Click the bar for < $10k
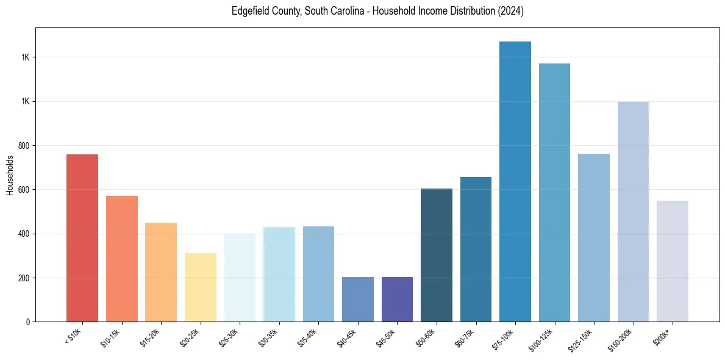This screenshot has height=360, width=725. coord(82,238)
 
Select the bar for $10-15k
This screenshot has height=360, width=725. coord(121,259)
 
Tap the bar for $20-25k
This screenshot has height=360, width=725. coord(200,287)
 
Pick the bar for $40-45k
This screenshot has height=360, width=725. coord(357,300)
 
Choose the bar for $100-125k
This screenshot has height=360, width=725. coord(554,193)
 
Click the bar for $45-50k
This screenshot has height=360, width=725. coord(397,300)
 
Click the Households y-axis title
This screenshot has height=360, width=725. coord(10,175)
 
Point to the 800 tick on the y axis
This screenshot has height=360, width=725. coord(25,146)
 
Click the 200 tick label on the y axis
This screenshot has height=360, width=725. coord(25,278)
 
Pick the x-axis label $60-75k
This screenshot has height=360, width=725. coord(466,337)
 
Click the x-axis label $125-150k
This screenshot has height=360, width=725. coord(582,339)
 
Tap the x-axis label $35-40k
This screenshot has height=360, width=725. coord(309,337)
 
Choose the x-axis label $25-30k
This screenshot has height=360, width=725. coord(230,337)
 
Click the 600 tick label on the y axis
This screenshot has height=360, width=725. coord(25,190)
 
